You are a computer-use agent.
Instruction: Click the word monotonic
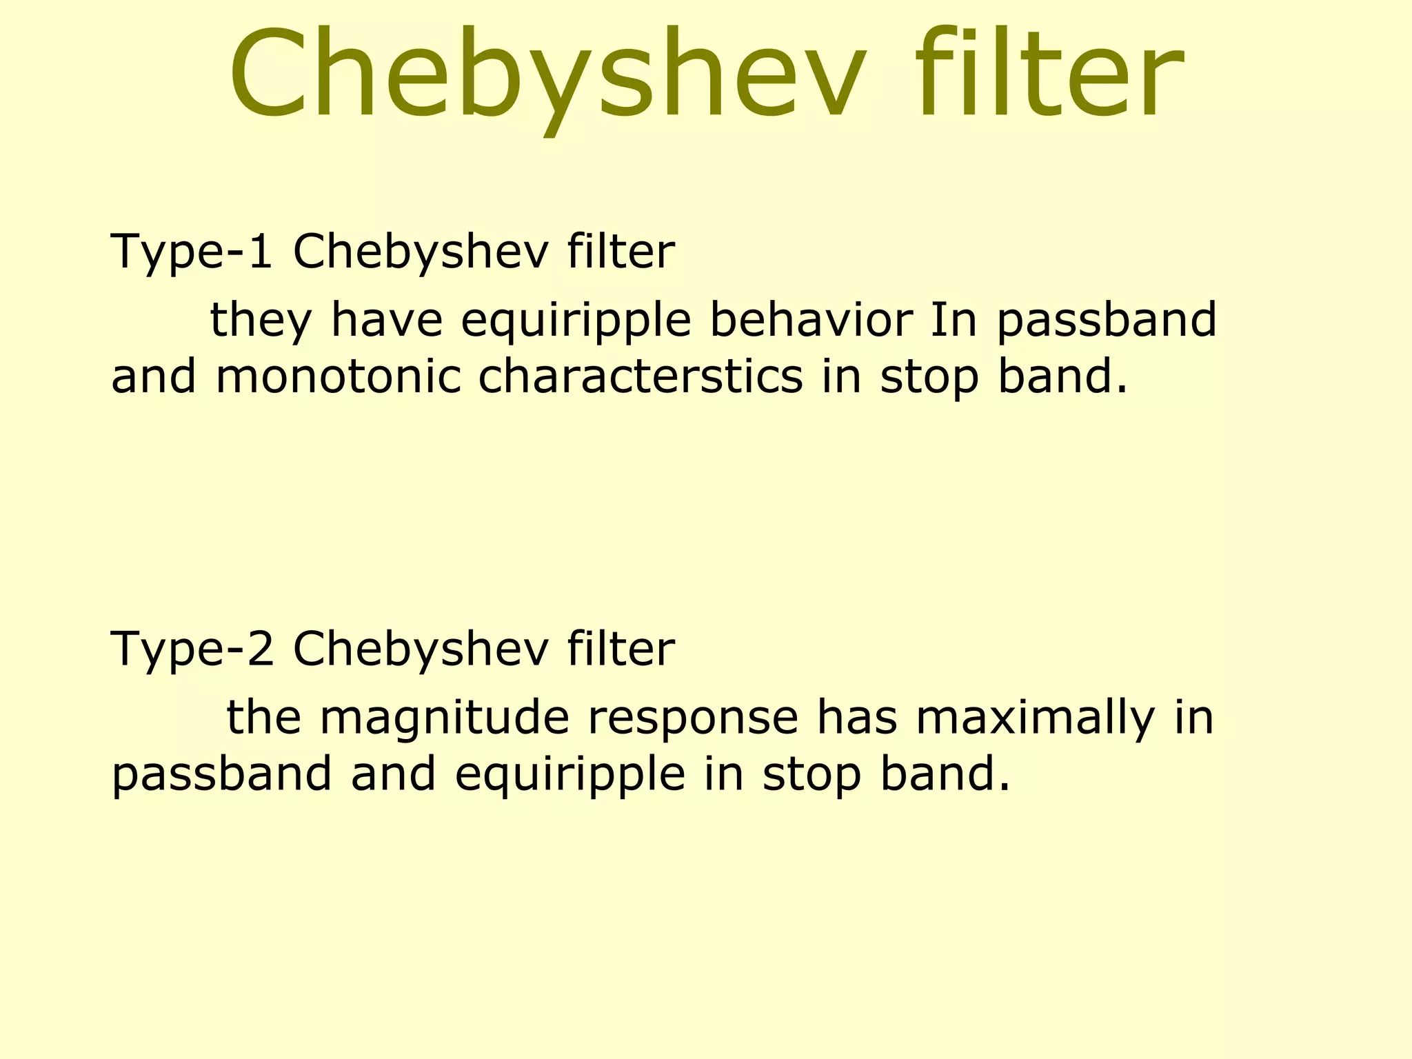(x=338, y=377)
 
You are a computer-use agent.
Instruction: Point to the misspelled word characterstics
(x=641, y=377)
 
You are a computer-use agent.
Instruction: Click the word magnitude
(x=445, y=717)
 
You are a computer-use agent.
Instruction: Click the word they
(x=261, y=321)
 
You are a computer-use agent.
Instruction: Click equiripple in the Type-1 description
(x=576, y=321)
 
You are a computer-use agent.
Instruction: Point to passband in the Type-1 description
(x=1107, y=321)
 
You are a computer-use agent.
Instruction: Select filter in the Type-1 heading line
(x=621, y=251)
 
